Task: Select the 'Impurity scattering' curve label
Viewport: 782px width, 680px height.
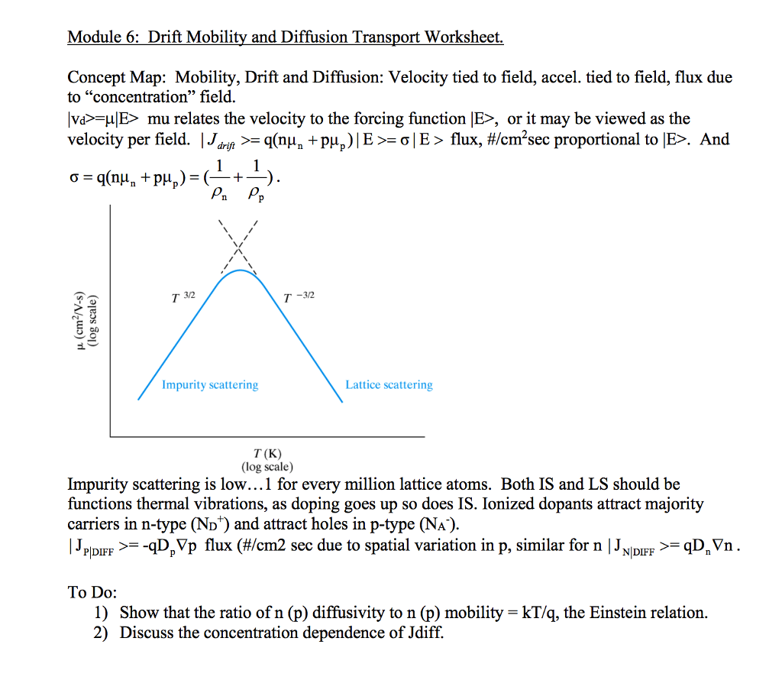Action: click(x=210, y=385)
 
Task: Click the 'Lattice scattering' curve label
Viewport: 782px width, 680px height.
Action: click(x=389, y=385)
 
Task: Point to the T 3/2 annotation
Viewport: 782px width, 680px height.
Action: click(x=185, y=296)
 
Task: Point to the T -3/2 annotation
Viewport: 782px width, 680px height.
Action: click(x=294, y=296)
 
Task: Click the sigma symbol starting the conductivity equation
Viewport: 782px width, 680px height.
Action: click(x=73, y=178)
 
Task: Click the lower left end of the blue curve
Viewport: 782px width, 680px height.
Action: click(x=139, y=399)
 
